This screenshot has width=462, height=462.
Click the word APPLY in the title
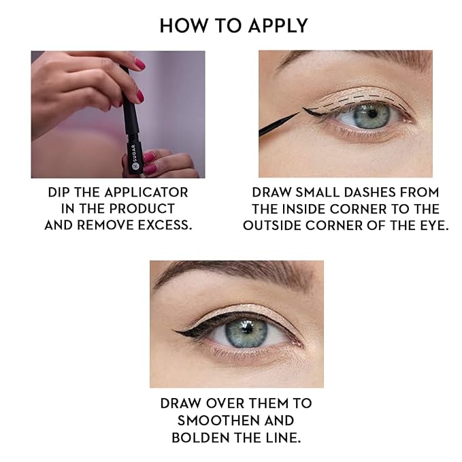coord(278,26)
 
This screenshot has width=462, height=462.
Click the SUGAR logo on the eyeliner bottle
coord(134,157)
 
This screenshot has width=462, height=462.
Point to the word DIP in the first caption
coord(59,193)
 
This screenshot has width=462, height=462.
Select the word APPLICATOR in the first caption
coord(146,193)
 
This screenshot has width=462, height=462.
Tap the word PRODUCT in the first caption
coord(142,209)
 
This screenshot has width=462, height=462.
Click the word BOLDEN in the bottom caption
coord(201,438)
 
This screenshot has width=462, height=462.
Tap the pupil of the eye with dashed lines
coord(372,114)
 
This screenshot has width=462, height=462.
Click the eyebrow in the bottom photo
coord(233,273)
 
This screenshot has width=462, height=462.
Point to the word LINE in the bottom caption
coord(284,438)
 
